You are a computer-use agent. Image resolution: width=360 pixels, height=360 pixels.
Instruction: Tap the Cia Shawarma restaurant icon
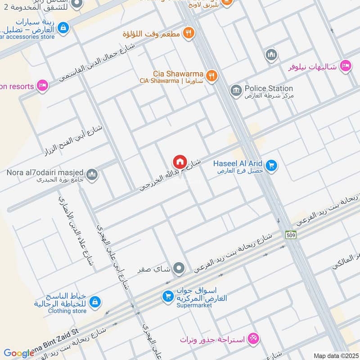pos(211,75)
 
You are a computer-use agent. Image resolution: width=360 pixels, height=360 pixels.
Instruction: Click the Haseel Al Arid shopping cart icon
pos(271,166)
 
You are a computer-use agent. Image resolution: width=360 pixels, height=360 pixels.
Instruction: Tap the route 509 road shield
pos(290,234)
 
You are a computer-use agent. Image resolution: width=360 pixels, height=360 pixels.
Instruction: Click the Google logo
pos(19,353)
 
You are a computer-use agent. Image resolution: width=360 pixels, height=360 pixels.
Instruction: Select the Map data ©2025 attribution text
pos(335,355)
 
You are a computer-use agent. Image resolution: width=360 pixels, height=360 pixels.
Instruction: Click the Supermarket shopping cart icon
pos(168,297)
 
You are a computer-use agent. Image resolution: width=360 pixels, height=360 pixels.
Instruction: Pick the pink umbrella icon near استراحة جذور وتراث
pos(253,337)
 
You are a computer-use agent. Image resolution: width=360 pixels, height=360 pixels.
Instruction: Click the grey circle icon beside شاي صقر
pos(179,269)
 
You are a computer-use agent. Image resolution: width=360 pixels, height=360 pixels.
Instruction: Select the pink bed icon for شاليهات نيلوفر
pos(345,66)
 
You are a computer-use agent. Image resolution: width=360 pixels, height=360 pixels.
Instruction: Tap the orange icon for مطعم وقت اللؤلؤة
pos(189,33)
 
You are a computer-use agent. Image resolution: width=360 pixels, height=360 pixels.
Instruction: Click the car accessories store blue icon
pos(63,27)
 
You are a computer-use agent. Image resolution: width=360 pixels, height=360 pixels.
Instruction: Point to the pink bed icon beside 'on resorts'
pos(42,85)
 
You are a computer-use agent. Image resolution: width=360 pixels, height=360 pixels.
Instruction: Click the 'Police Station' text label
pos(269,89)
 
